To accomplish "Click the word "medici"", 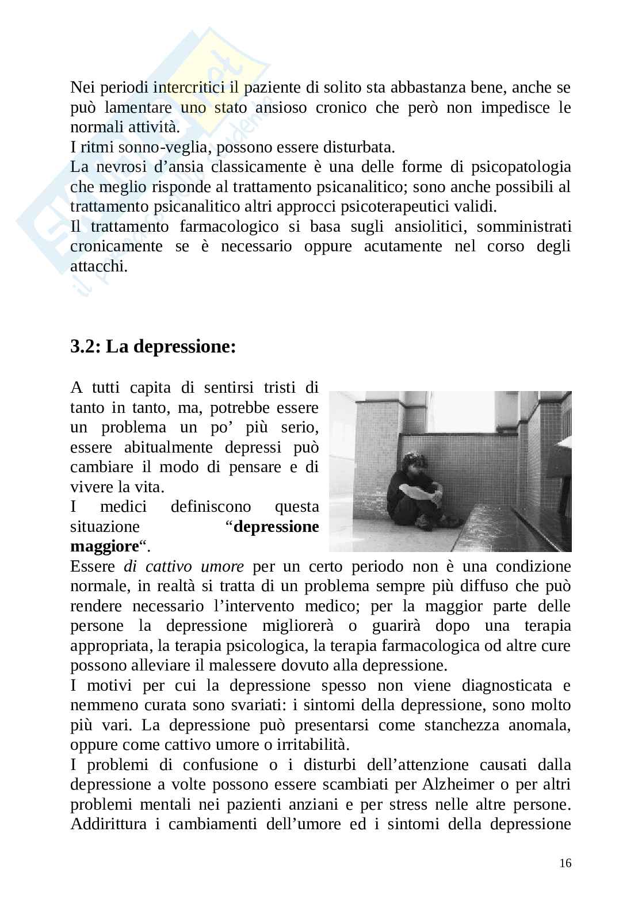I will (x=123, y=507).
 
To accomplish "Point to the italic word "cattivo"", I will (x=168, y=566).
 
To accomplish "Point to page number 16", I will (x=565, y=863).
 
